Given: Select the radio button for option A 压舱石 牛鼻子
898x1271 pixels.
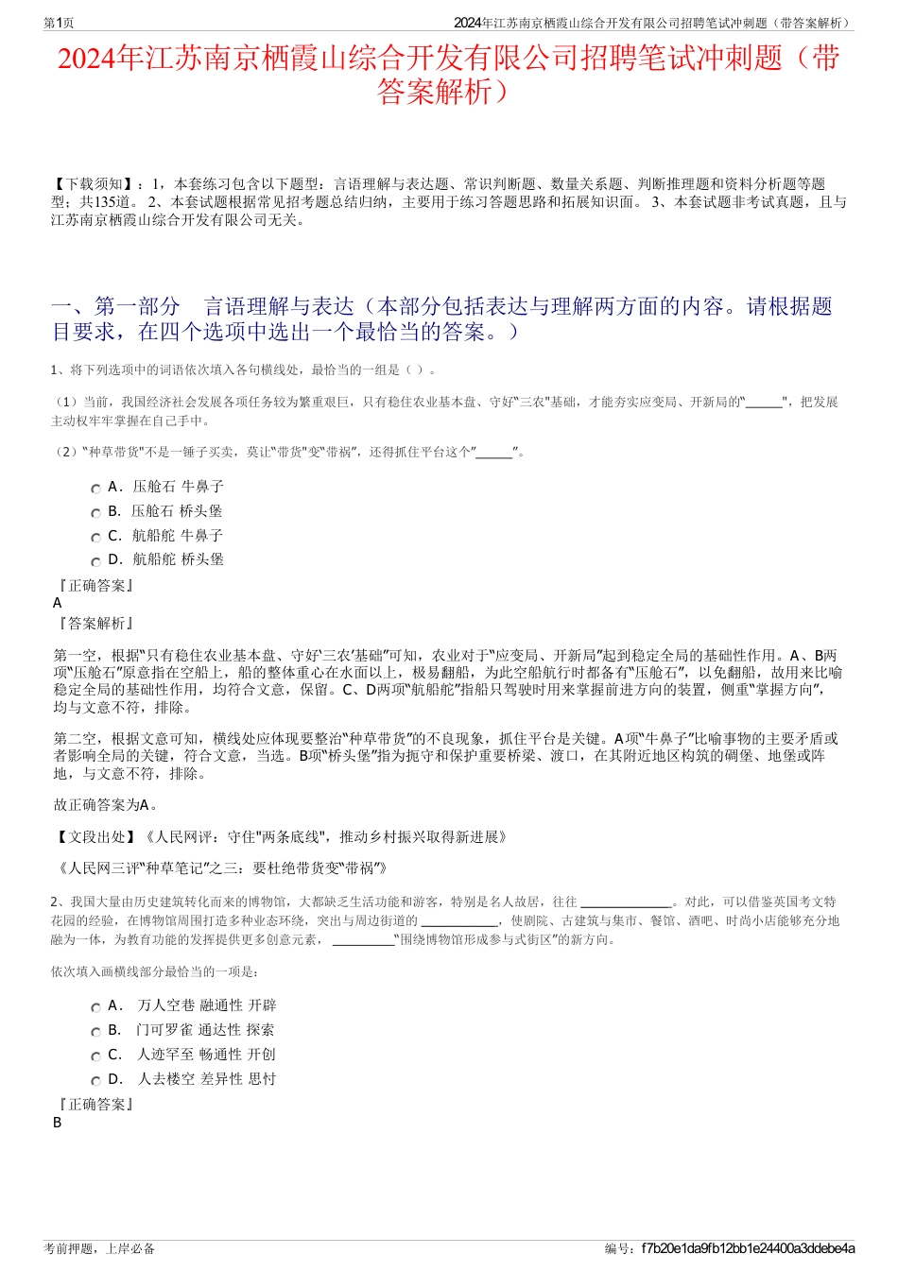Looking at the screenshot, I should pyautogui.click(x=95, y=489).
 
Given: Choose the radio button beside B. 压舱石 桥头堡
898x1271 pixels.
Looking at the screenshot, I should pyautogui.click(x=95, y=513).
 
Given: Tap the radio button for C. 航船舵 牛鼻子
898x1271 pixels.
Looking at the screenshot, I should pyautogui.click(x=95, y=538).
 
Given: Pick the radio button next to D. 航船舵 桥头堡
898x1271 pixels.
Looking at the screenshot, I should pyautogui.click(x=95, y=561).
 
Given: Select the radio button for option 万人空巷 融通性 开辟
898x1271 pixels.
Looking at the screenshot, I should pyautogui.click(x=95, y=1007).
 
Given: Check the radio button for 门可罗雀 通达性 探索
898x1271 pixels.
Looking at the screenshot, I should pyautogui.click(x=95, y=1032).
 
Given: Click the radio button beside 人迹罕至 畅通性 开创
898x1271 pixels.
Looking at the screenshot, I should pyautogui.click(x=95, y=1056).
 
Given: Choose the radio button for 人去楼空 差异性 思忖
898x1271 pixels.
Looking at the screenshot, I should pyautogui.click(x=95, y=1081).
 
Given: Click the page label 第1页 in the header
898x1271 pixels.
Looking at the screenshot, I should pyautogui.click(x=60, y=23).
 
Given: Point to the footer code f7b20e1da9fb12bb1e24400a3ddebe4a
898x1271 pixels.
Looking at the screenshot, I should pyautogui.click(x=748, y=1248).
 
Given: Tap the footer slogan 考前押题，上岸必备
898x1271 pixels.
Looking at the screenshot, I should pyautogui.click(x=99, y=1248).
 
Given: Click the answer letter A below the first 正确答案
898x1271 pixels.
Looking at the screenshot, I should pyautogui.click(x=58, y=603).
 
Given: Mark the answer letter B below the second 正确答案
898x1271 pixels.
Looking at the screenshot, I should pyautogui.click(x=58, y=1123).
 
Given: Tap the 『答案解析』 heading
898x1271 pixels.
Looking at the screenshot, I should pyautogui.click(x=95, y=624).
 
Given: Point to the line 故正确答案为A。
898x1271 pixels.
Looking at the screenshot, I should pyautogui.click(x=106, y=805).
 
